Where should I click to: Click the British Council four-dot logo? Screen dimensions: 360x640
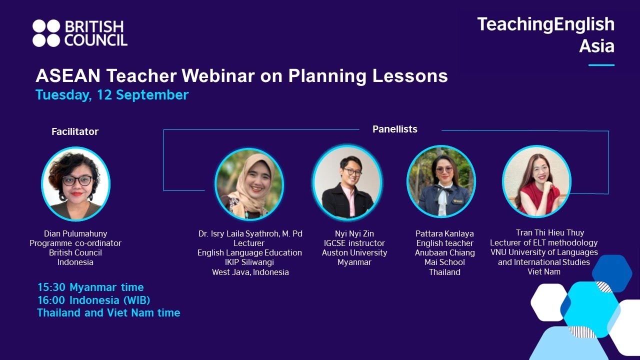[46, 33]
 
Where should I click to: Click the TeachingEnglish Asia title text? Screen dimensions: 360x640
[545, 34]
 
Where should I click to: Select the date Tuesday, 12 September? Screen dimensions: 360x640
[112, 95]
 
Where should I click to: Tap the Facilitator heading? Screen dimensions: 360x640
[75, 131]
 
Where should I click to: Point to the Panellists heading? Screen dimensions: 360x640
[394, 129]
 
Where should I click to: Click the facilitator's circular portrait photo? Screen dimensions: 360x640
[75, 184]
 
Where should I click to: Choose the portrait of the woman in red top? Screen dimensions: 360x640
[536, 182]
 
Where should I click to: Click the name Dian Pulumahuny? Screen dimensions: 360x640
[75, 233]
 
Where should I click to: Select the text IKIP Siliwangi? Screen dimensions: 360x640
[249, 262]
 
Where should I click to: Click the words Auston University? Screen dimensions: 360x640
[354, 253]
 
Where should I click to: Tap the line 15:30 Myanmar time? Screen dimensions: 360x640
[90, 287]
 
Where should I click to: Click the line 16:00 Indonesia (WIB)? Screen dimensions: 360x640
[94, 300]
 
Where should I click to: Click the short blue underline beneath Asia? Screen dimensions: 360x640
[601, 65]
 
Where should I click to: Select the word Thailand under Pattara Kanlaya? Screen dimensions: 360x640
[444, 272]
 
